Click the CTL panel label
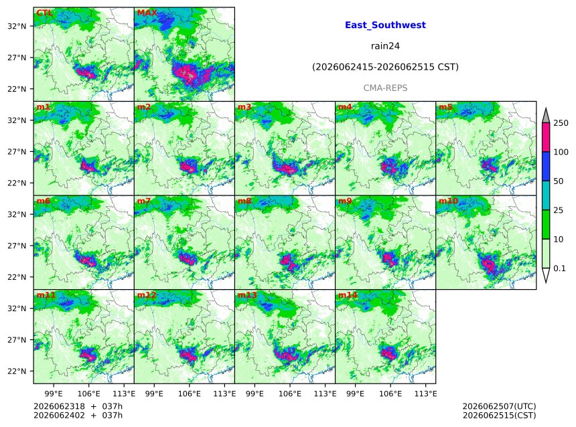(44, 13)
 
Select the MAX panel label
(147, 13)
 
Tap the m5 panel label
(445, 107)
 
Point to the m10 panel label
(448, 201)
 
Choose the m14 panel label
(348, 295)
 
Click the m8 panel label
(244, 201)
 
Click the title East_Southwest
(385, 25)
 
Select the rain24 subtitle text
(385, 46)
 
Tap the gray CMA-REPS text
(385, 88)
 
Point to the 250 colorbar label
(561, 123)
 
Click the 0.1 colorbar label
(559, 268)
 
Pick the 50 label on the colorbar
(559, 181)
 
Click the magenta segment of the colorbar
(546, 137)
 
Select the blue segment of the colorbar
(546, 167)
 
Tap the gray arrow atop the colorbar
(546, 116)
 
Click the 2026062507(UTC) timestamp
(499, 406)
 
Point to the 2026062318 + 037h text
(78, 406)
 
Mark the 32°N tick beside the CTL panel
(17, 26)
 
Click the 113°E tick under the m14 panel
(425, 394)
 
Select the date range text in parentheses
(385, 67)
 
